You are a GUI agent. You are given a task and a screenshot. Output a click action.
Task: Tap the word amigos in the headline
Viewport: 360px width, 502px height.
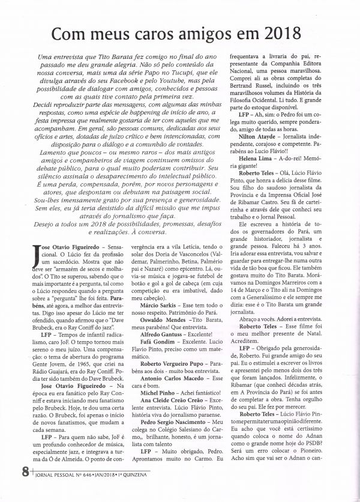200,32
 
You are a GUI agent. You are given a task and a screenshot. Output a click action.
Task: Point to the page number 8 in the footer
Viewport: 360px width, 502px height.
25,487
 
